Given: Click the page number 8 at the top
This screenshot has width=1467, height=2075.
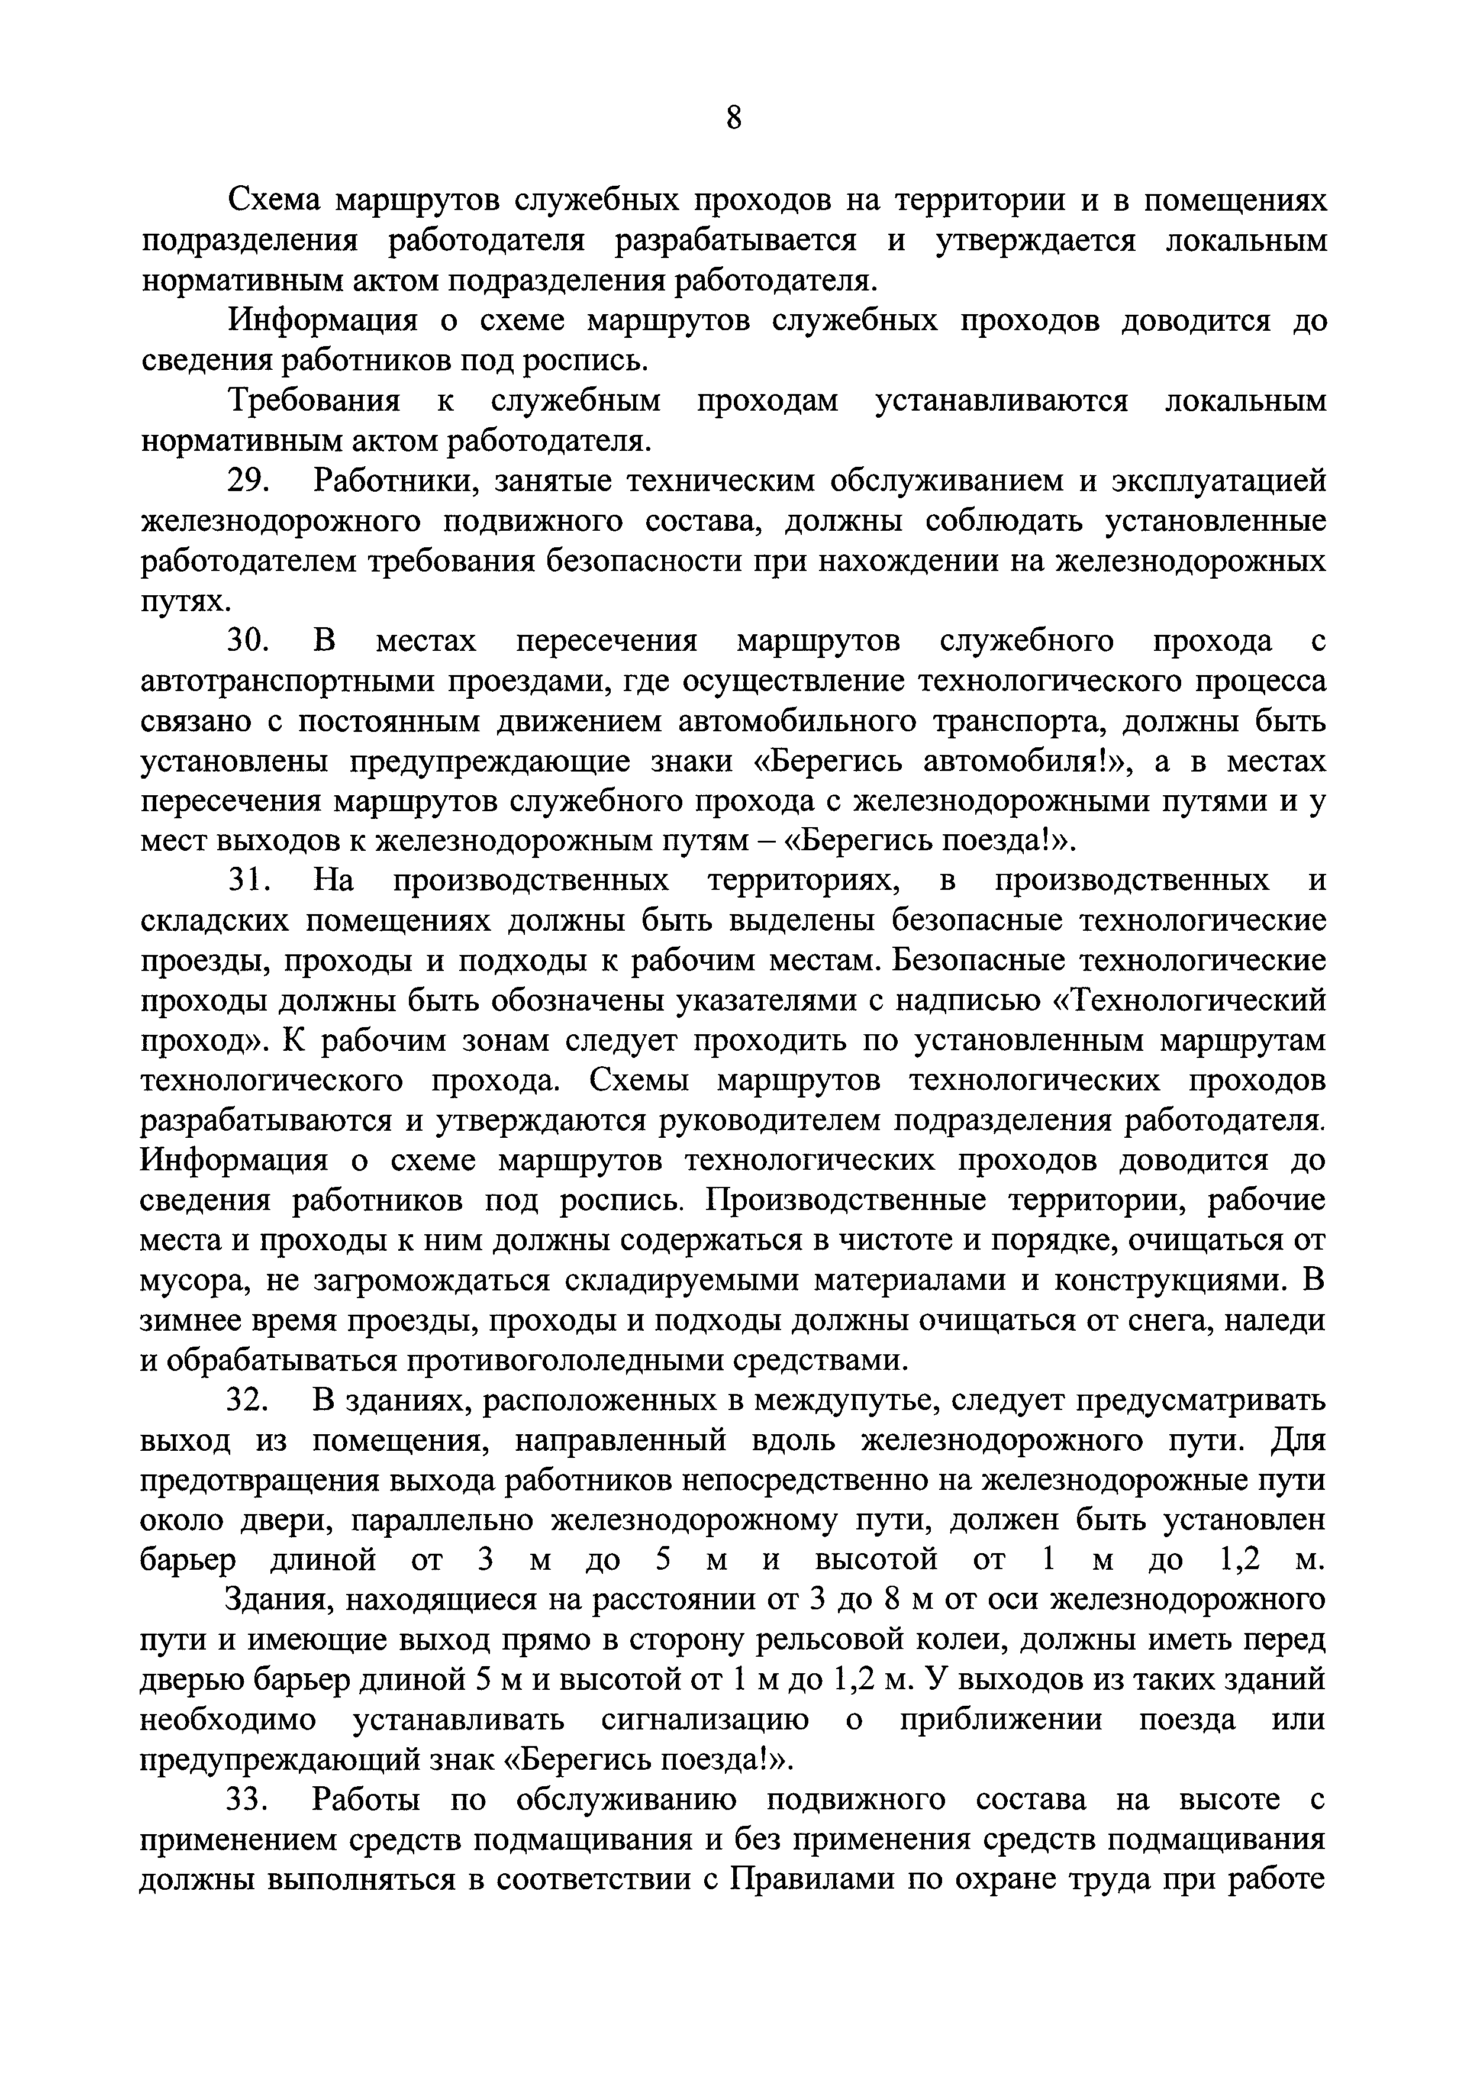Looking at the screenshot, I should pos(733,118).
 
